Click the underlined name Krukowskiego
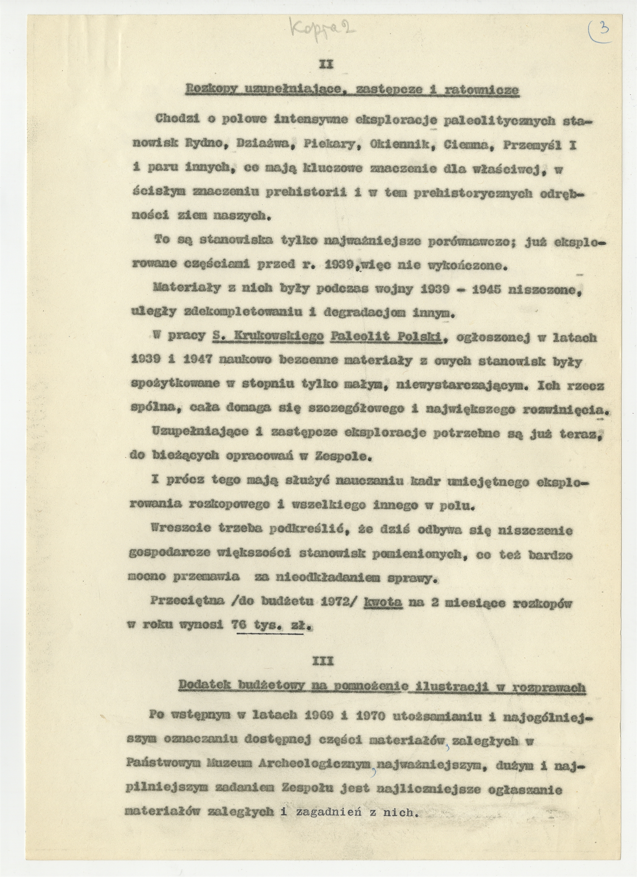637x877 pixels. (268, 337)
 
